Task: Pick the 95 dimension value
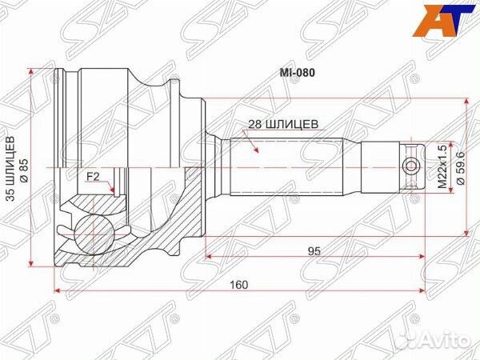(x=314, y=251)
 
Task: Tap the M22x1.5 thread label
(x=442, y=166)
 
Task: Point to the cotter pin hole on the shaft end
(x=411, y=166)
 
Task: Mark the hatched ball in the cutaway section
(x=94, y=231)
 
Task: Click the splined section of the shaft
(x=288, y=166)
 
